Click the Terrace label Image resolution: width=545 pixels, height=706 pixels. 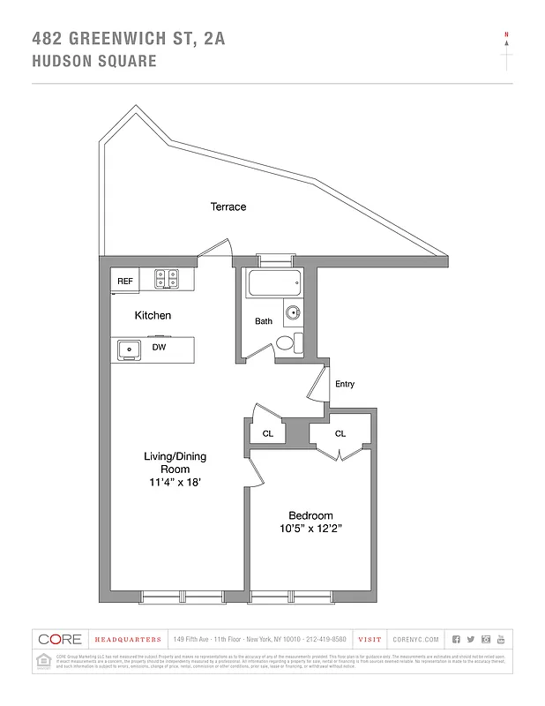[228, 207]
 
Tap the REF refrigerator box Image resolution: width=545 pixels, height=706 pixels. [125, 281]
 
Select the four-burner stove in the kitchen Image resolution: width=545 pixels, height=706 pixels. [167, 280]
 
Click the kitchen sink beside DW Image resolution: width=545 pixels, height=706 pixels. [129, 349]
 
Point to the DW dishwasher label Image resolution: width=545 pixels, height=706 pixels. [160, 347]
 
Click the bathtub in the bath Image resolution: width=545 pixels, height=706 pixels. [274, 283]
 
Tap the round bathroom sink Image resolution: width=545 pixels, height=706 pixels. [293, 313]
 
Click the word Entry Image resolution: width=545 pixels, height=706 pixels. [345, 384]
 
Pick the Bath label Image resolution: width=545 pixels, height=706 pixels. [264, 321]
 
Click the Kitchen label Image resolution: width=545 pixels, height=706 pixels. [153, 315]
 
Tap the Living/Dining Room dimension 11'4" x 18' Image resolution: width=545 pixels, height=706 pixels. [175, 483]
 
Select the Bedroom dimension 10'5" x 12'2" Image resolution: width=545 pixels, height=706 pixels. [310, 529]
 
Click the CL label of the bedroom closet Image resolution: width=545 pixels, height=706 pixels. [340, 433]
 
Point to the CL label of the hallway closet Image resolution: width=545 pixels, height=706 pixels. [268, 433]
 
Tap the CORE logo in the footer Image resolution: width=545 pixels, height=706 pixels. [59, 639]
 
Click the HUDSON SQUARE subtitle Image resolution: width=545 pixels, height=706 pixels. [93, 61]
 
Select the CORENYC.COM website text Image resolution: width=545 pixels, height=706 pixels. [412, 639]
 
